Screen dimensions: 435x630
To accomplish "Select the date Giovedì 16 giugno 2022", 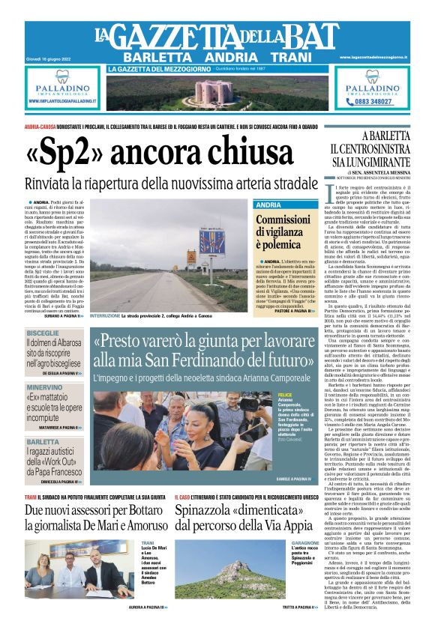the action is (46, 57).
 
